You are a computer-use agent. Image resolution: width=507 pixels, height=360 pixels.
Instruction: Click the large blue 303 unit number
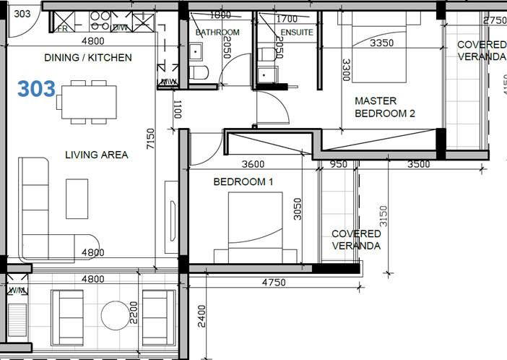(x=37, y=89)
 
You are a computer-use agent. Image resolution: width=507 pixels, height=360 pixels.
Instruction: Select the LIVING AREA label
(x=97, y=155)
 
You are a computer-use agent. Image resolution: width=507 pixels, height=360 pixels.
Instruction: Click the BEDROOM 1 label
(x=243, y=182)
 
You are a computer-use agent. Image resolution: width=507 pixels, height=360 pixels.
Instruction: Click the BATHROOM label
(x=217, y=33)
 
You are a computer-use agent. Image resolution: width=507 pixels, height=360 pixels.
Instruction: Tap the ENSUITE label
(x=296, y=33)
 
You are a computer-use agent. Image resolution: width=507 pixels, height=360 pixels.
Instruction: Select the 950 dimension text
(x=338, y=164)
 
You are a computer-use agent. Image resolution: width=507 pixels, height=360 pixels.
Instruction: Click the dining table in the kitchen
(x=90, y=102)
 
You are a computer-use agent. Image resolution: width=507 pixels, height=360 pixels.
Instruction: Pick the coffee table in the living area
(x=77, y=198)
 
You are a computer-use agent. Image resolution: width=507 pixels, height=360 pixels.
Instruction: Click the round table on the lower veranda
(x=114, y=314)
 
